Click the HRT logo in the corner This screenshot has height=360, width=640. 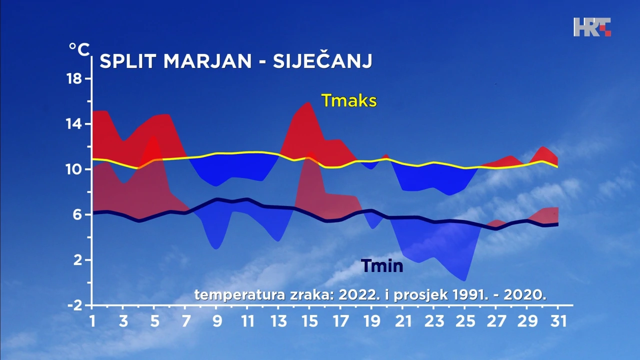coord(592,27)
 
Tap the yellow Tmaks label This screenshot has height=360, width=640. coord(349,100)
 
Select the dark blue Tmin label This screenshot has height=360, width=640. coord(382,265)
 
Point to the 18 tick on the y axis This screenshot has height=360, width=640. coord(74,78)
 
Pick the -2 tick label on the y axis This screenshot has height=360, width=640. coord(75,305)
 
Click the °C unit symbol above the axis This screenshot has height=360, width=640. coord(79,49)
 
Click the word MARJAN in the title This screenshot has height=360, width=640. coord(207,61)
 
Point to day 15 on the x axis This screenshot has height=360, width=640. coord(309,321)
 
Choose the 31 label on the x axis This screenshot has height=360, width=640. coord(558,321)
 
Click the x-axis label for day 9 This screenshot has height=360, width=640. coord(217,321)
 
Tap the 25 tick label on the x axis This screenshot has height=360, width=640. coord(465,321)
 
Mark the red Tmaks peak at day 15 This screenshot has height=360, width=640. coord(308,102)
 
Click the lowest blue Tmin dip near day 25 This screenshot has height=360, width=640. coord(464,280)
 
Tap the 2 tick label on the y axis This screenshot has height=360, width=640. coord(77,260)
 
